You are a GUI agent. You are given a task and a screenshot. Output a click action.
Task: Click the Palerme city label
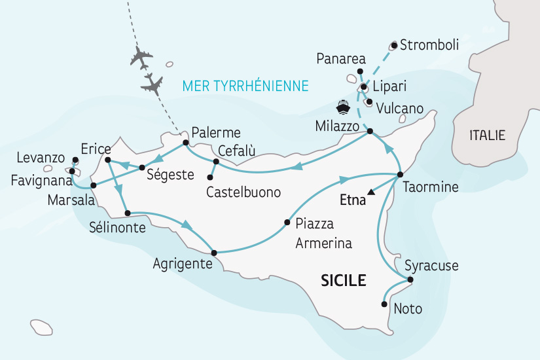215,132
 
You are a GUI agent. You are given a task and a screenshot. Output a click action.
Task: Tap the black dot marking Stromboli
394,45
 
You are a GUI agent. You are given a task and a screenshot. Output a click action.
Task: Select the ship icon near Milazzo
342,107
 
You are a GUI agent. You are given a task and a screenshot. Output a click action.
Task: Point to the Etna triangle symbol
371,192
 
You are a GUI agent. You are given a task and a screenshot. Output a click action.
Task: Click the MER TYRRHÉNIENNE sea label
246,86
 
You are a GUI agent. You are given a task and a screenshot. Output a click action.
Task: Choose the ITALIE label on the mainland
488,135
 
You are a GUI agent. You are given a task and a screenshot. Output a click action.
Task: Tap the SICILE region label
343,281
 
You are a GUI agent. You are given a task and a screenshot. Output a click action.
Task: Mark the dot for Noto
384,304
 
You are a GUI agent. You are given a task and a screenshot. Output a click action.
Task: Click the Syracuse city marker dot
410,280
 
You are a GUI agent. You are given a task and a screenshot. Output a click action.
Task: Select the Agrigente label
182,264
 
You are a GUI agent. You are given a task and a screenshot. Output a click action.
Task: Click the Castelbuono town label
243,193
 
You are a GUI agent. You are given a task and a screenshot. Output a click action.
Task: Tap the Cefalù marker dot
215,161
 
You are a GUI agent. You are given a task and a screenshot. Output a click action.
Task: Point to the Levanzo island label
41,158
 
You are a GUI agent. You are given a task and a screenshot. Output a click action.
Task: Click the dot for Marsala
94,186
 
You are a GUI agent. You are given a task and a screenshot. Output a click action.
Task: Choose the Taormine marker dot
400,175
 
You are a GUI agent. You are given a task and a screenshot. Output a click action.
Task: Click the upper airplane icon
141,58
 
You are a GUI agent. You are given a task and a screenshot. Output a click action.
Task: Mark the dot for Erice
107,159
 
